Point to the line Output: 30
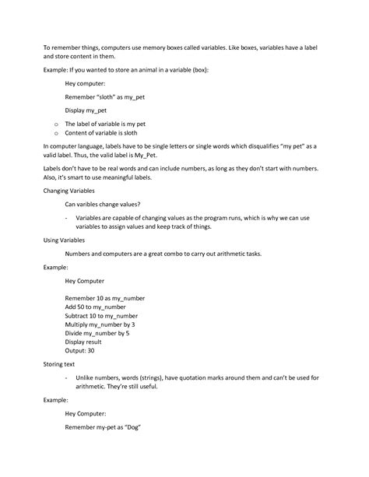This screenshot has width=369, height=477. point(80,350)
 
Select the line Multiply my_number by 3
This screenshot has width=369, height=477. point(102,324)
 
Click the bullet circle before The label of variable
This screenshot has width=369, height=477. point(54,124)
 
